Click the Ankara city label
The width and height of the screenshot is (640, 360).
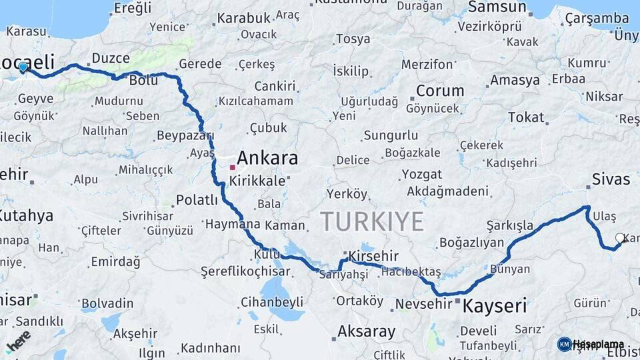267,158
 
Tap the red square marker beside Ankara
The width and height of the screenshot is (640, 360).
232,167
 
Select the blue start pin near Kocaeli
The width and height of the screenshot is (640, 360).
23,67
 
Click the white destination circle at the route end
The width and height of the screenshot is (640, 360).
620,238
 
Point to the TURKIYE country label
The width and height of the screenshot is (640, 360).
371,221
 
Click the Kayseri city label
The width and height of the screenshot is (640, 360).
494,306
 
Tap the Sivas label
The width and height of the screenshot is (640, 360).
611,179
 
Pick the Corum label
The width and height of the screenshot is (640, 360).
440,91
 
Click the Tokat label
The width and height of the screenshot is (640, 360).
526,117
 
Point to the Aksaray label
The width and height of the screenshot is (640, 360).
366,331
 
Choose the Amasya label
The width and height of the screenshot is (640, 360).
515,80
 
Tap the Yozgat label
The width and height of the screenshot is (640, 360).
421,175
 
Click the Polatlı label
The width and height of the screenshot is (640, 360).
197,199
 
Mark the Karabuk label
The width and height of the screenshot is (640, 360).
243,18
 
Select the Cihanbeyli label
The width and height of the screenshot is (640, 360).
271,302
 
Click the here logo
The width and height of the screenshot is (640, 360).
18,340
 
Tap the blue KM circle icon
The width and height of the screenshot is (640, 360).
564,344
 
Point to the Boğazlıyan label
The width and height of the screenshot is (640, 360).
471,243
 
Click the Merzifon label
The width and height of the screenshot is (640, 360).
427,64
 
